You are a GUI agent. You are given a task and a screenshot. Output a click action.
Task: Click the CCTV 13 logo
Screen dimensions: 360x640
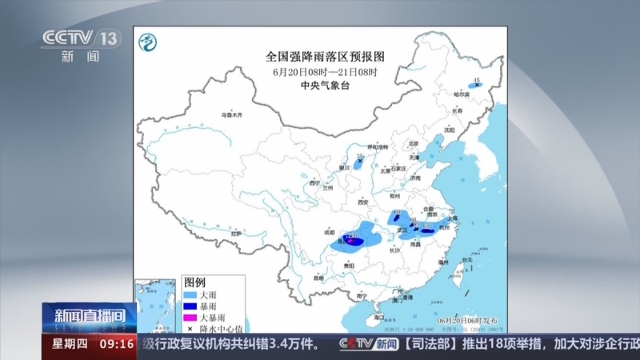tap(80, 38)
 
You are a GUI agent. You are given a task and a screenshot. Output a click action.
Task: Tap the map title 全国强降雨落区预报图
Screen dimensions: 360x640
tap(325, 58)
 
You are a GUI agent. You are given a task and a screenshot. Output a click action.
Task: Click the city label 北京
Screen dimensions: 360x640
tap(414, 144)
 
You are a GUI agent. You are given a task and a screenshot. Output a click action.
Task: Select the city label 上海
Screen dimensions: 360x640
tap(453, 218)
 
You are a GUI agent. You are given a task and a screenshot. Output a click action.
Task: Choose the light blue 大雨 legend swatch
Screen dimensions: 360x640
tap(193, 295)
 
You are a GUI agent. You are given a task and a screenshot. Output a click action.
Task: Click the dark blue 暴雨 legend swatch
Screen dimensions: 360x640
tap(193, 306)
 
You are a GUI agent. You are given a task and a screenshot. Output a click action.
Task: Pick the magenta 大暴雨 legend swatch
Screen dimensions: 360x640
tap(193, 318)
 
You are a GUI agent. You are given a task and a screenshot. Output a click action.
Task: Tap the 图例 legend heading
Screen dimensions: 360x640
tap(195, 282)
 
